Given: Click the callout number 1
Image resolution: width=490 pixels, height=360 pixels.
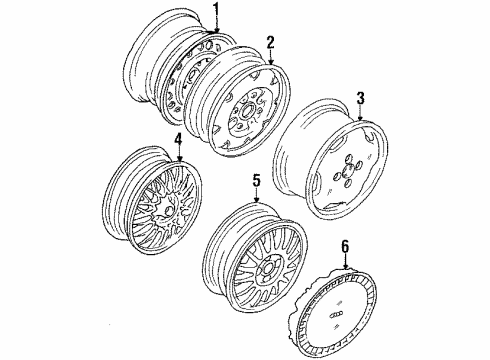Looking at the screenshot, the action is [217, 10].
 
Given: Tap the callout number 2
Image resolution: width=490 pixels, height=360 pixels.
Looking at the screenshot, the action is [270, 43].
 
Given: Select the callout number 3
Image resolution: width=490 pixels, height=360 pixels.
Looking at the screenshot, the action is [360, 99].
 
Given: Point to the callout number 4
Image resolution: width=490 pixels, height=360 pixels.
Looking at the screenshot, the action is [179, 139].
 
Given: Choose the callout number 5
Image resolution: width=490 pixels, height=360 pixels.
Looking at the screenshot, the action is [256, 180].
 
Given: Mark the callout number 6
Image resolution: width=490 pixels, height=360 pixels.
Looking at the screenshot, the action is [345, 247].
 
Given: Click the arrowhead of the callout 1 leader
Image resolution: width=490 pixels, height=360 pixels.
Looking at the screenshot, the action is [217, 30].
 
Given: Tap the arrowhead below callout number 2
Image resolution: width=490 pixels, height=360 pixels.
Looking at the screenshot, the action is [270, 62].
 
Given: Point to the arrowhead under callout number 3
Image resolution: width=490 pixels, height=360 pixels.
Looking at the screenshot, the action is [360, 118].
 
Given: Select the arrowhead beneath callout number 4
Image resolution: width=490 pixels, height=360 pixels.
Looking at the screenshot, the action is [179, 159].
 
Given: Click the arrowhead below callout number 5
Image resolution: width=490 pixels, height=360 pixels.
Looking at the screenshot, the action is [256, 200].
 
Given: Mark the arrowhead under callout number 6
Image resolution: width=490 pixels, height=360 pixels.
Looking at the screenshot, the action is [346, 266].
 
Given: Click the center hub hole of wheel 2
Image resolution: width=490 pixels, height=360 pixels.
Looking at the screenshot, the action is [247, 111].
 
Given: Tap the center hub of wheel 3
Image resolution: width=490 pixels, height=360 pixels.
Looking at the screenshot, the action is [348, 169].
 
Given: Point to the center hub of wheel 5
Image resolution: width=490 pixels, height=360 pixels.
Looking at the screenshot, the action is [269, 267].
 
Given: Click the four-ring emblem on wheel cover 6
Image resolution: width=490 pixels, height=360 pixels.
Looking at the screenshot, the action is [335, 316].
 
